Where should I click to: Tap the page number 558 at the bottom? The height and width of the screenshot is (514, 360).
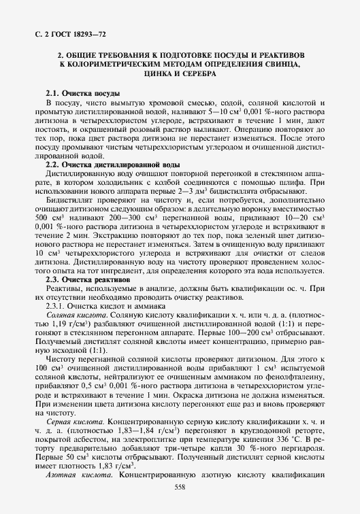(x=180, y=487)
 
